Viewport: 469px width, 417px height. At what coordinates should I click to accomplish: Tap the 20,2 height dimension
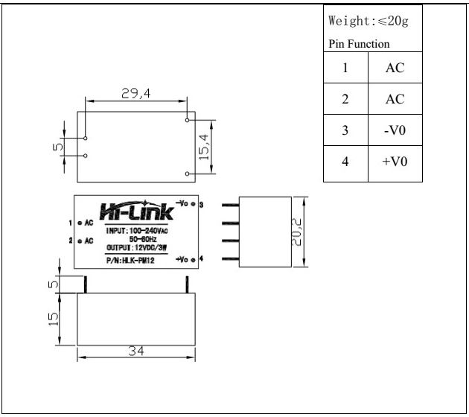[296, 232]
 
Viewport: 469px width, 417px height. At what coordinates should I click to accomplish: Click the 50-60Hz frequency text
[141, 239]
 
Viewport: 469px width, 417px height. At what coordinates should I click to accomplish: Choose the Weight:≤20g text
[368, 22]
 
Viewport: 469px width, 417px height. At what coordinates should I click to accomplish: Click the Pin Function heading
[359, 44]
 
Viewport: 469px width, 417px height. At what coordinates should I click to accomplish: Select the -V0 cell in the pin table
[395, 130]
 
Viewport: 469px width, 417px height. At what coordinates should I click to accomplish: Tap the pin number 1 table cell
[345, 68]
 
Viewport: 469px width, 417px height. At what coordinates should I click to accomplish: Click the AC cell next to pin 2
[395, 99]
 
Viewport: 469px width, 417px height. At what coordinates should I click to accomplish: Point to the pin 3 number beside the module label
[201, 203]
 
